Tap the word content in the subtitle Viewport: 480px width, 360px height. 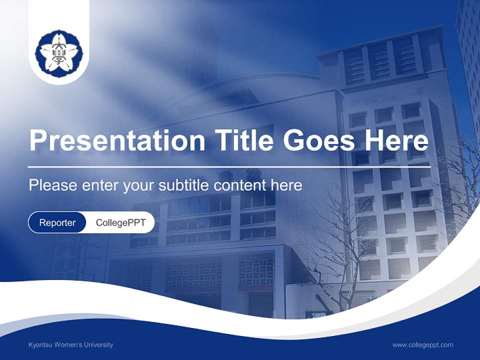coord(239,185)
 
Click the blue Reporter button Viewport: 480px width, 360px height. coord(57,222)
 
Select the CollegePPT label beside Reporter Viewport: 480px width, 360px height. coord(120,222)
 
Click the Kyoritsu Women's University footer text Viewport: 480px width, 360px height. coord(70,344)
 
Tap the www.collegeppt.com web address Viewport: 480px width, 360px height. coord(422,344)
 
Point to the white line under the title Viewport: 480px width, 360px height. coord(229,167)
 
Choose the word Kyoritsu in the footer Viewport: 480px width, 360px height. coord(40,344)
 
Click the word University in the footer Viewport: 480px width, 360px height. coord(98,344)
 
